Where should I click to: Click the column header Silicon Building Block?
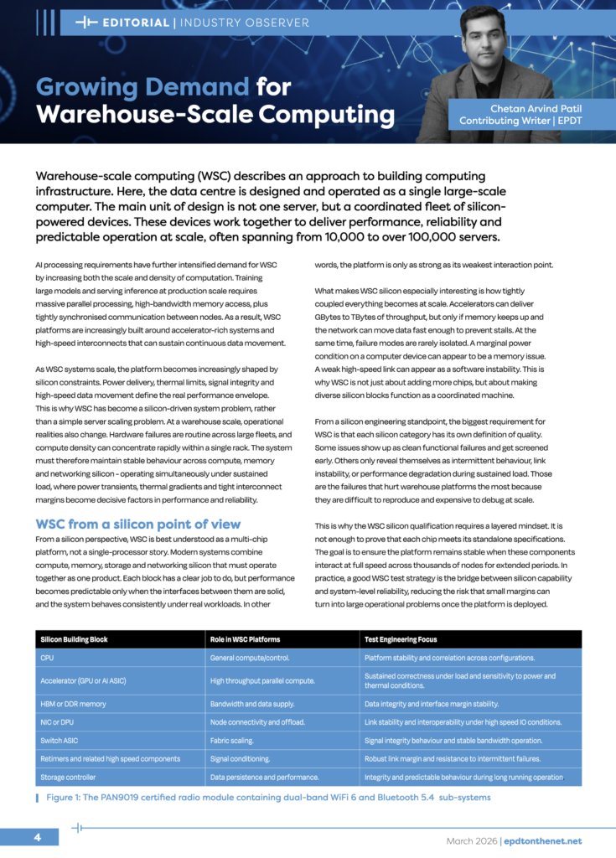pyautogui.click(x=75, y=639)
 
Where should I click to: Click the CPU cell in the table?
pyautogui.click(x=47, y=658)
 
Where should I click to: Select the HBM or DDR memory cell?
pyautogui.click(x=74, y=704)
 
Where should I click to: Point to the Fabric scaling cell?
pyautogui.click(x=233, y=740)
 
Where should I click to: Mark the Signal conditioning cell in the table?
pyautogui.click(x=241, y=758)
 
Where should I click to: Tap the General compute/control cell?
pyautogui.click(x=251, y=658)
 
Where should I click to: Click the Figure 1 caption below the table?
pyautogui.click(x=268, y=797)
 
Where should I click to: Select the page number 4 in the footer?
pyautogui.click(x=38, y=838)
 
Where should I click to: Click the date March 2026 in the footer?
pyautogui.click(x=470, y=840)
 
